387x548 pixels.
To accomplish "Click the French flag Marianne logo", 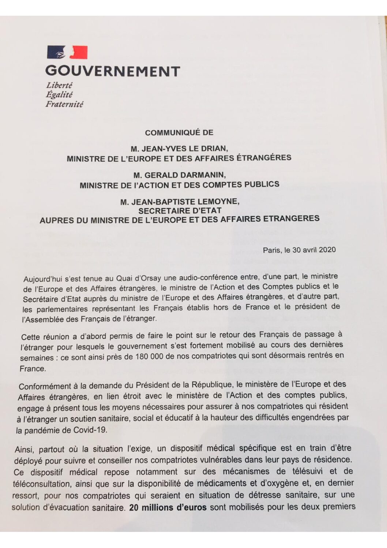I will pyautogui.click(x=67, y=52).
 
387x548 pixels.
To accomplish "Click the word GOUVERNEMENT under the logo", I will pyautogui.click(x=113, y=71).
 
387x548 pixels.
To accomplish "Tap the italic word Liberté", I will pyautogui.click(x=59, y=85).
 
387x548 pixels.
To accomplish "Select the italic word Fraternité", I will pyautogui.click(x=64, y=104).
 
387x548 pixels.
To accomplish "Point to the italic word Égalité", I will pyautogui.click(x=59, y=95).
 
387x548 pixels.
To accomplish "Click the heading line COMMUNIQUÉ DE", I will pyautogui.click(x=179, y=133).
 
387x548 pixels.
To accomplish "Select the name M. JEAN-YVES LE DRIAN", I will pyautogui.click(x=179, y=149).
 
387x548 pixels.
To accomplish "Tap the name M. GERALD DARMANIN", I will pyautogui.click(x=179, y=175).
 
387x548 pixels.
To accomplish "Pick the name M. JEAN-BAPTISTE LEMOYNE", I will pyautogui.click(x=180, y=202).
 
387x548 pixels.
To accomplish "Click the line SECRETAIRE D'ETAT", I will pyautogui.click(x=180, y=211).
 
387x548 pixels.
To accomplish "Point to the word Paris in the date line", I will pyautogui.click(x=271, y=250).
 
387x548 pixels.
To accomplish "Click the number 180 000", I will pyautogui.click(x=152, y=357).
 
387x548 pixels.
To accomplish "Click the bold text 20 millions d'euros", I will pyautogui.click(x=168, y=507).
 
